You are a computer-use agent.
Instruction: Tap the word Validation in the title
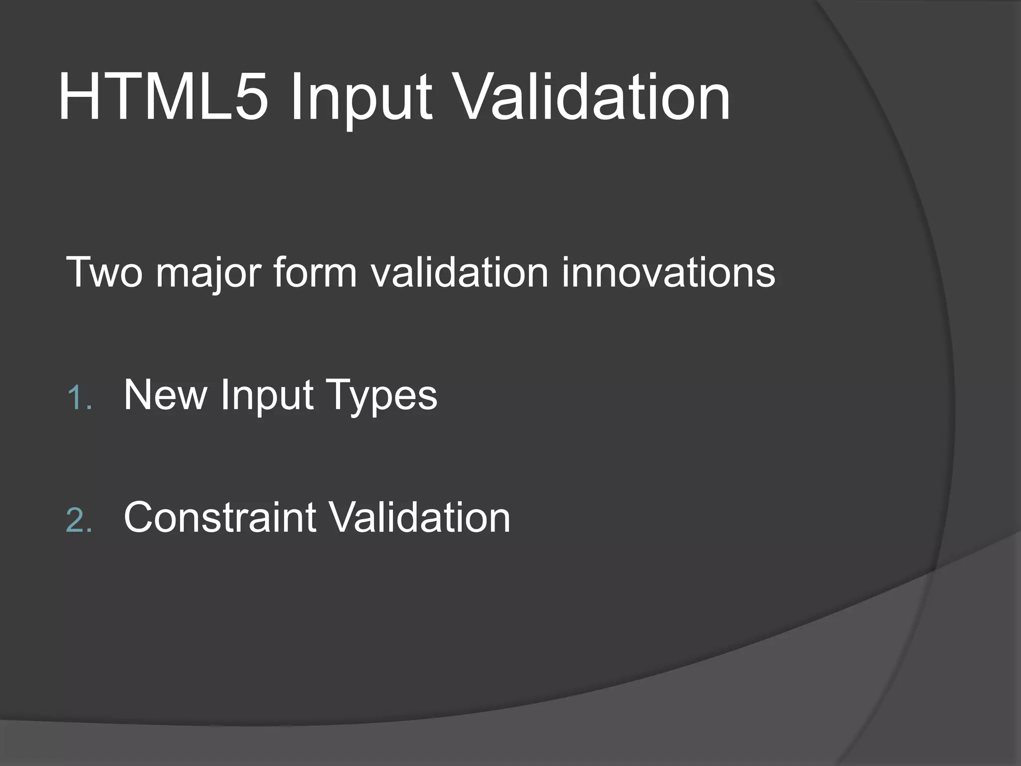tap(593, 97)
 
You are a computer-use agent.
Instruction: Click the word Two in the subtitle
tap(104, 272)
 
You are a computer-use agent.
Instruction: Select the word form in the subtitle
tap(315, 272)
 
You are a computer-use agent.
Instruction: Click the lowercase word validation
tap(459, 272)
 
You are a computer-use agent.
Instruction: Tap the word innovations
tap(668, 272)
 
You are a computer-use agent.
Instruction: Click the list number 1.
tap(79, 398)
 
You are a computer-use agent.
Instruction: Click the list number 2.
tap(79, 521)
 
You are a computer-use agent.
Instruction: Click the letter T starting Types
tap(338, 395)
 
